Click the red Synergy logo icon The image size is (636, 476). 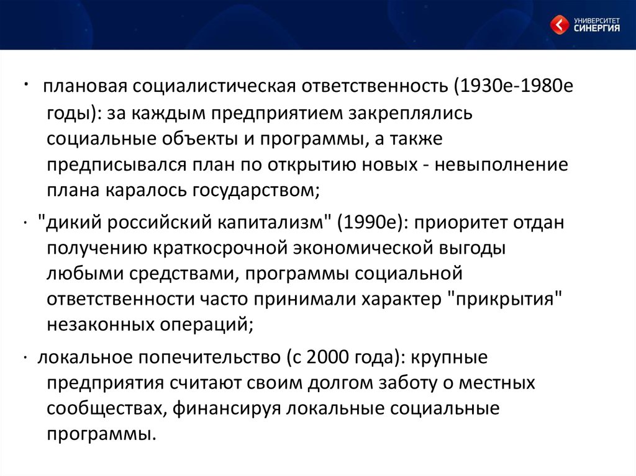(x=560, y=24)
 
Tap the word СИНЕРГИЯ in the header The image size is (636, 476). (x=597, y=28)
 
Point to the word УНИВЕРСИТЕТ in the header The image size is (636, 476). (x=597, y=20)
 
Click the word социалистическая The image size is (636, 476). (x=214, y=86)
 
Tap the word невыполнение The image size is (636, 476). (x=501, y=164)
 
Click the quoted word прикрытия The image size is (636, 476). (x=504, y=299)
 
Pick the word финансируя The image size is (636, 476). (x=226, y=408)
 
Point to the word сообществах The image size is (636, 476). (x=104, y=408)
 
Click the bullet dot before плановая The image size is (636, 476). (x=25, y=84)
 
